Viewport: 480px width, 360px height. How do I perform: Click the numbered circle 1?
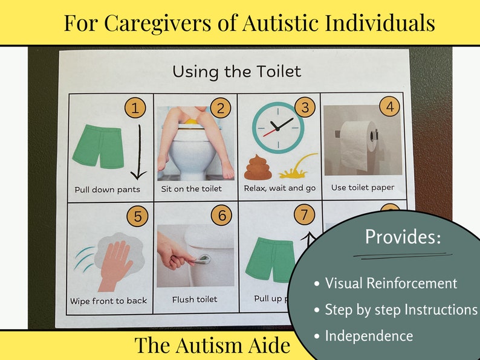tap(135, 108)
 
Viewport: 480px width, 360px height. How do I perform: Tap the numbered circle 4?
tap(390, 107)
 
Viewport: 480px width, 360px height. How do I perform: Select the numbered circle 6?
tap(221, 215)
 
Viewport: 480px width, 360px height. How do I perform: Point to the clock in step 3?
tap(277, 127)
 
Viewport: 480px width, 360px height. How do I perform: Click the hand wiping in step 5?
tap(114, 263)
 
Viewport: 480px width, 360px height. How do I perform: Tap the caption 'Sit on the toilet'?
tap(191, 188)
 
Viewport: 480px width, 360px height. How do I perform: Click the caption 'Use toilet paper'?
tap(362, 187)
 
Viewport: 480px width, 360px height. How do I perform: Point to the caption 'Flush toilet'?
tap(194, 299)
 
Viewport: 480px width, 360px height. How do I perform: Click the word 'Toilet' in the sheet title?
tap(276, 72)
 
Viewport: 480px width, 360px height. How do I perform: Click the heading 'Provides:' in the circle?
tap(403, 237)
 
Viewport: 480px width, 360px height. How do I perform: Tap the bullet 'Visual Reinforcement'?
tap(391, 283)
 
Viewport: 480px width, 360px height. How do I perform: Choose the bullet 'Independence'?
tap(369, 336)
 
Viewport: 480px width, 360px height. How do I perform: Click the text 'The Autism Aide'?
tap(212, 346)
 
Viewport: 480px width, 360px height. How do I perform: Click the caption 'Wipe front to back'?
tap(109, 301)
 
